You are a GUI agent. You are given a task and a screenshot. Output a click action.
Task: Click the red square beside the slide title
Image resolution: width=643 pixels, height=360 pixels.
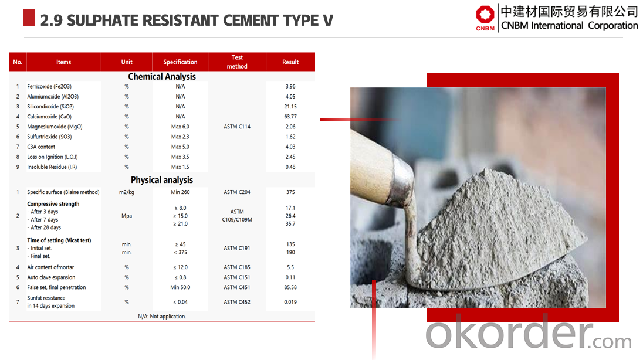pos(29,18)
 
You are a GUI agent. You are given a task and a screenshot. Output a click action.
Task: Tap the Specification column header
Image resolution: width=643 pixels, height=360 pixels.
pos(180,62)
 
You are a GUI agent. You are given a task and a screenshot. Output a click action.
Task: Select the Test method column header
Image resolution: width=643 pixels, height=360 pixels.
pos(237,62)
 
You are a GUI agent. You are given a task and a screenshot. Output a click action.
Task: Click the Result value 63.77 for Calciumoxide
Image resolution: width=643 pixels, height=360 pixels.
pos(290,117)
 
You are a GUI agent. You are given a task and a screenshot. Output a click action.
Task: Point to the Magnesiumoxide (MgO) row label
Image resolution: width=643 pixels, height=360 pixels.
pos(55,127)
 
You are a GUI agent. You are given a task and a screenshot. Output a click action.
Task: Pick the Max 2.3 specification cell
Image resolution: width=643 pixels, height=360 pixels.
pos(180,137)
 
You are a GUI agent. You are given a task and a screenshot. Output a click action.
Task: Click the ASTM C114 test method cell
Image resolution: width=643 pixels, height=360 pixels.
pos(237,127)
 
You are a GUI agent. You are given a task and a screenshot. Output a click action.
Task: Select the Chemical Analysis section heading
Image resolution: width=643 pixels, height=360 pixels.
pos(162,77)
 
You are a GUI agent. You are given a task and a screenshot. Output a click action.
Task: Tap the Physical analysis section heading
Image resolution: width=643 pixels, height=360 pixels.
pos(162,180)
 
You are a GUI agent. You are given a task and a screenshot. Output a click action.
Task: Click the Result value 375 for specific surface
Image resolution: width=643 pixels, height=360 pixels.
pos(290,192)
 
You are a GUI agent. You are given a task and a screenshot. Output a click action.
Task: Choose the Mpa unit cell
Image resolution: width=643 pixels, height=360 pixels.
pos(127,216)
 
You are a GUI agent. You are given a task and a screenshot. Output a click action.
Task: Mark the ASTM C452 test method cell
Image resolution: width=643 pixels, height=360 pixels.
pos(237,302)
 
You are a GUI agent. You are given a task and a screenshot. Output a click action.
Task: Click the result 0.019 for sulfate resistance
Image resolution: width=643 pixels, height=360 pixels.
pos(290,302)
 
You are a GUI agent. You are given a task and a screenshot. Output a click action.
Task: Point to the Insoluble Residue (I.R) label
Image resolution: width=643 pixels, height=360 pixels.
pos(52,167)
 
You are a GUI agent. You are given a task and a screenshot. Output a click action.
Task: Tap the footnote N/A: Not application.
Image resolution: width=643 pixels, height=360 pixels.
pos(162,317)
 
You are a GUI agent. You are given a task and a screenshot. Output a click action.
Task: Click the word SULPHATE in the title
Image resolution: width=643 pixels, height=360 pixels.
pos(103,21)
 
